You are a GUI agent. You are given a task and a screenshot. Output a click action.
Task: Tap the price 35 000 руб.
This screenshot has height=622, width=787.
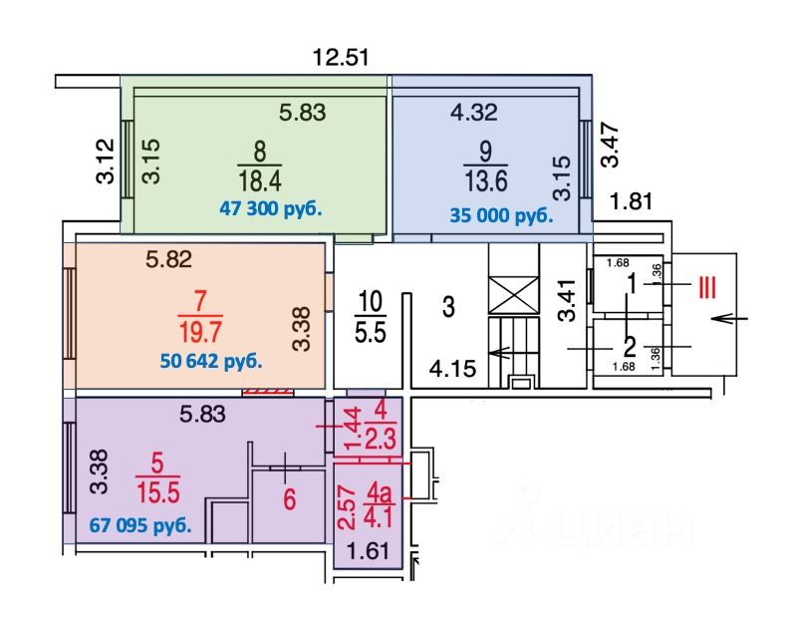tap(500, 215)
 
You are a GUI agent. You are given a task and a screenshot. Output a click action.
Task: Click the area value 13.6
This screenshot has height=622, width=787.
tap(486, 183)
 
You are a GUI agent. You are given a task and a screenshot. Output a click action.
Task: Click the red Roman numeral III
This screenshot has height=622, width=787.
tap(705, 288)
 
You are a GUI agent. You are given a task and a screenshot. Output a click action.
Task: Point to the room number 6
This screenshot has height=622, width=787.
tap(289, 499)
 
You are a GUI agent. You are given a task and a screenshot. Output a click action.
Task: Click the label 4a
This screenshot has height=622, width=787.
tap(378, 492)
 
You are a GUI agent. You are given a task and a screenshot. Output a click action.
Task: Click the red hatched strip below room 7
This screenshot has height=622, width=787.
tap(270, 391)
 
